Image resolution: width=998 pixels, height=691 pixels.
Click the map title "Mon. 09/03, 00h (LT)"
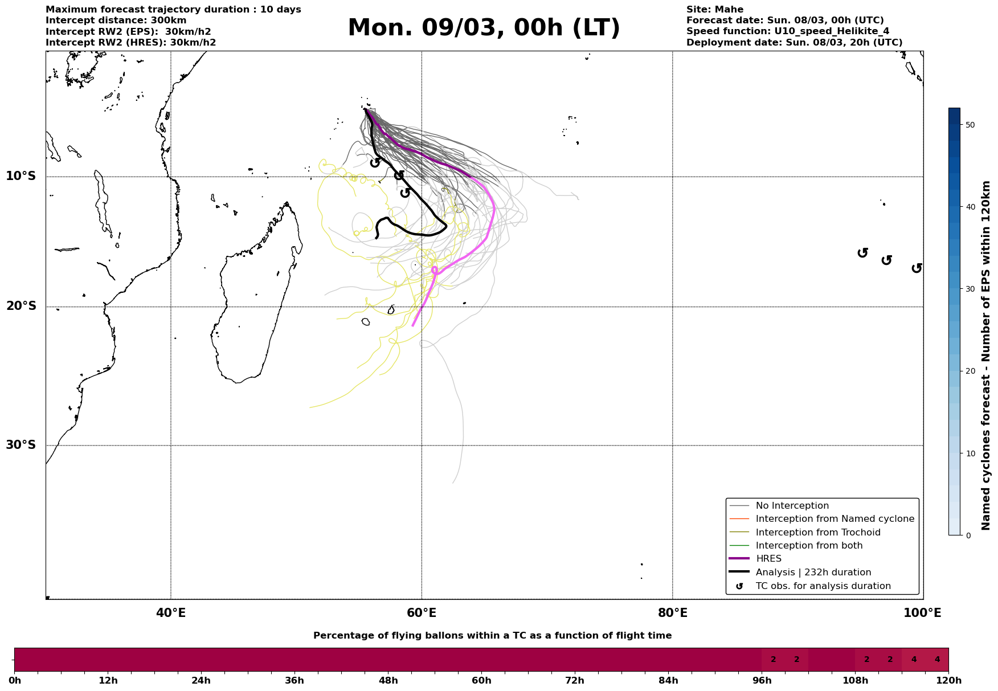484,28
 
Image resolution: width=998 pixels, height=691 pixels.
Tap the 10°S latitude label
21,176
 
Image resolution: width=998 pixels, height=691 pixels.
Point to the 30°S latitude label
21,445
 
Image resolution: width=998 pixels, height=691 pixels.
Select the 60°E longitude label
422,614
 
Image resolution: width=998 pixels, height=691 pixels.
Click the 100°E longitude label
923,614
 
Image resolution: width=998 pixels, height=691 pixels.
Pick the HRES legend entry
768,559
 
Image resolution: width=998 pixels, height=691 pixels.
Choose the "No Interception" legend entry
792,506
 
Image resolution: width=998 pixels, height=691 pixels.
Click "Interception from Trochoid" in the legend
817,533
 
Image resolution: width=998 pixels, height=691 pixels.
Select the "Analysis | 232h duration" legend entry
813,573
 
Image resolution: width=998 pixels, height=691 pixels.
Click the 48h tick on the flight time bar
388,680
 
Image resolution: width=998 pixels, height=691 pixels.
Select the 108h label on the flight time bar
855,680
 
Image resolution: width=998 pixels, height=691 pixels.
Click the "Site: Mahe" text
714,10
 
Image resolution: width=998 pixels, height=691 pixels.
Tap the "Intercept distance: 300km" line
116,21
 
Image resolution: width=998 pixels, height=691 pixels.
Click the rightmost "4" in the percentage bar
937,660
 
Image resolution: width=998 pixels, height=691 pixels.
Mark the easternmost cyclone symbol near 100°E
917,268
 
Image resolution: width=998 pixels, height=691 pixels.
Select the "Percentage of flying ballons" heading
492,636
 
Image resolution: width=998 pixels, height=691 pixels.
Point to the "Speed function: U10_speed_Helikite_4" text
787,31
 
